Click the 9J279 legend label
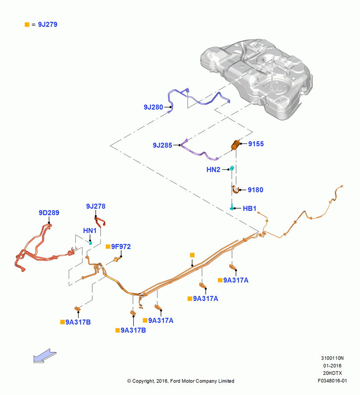[x=48, y=24]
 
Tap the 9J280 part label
[x=153, y=107]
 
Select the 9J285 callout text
[x=162, y=145]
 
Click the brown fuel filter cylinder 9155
[x=236, y=145]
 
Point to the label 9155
[x=256, y=144]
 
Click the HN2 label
[x=213, y=169]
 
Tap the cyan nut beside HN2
[x=232, y=168]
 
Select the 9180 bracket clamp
[x=235, y=190]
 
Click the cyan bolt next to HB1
[x=232, y=207]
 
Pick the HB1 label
[x=249, y=208]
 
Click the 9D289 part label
[x=49, y=213]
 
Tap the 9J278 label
[x=96, y=206]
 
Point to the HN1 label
[x=90, y=231]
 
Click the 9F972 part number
[x=121, y=246]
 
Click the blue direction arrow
[x=45, y=356]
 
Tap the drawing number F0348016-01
[x=332, y=381]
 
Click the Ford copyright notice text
[x=181, y=381]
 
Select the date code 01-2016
[x=332, y=365]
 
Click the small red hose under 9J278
[x=100, y=222]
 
